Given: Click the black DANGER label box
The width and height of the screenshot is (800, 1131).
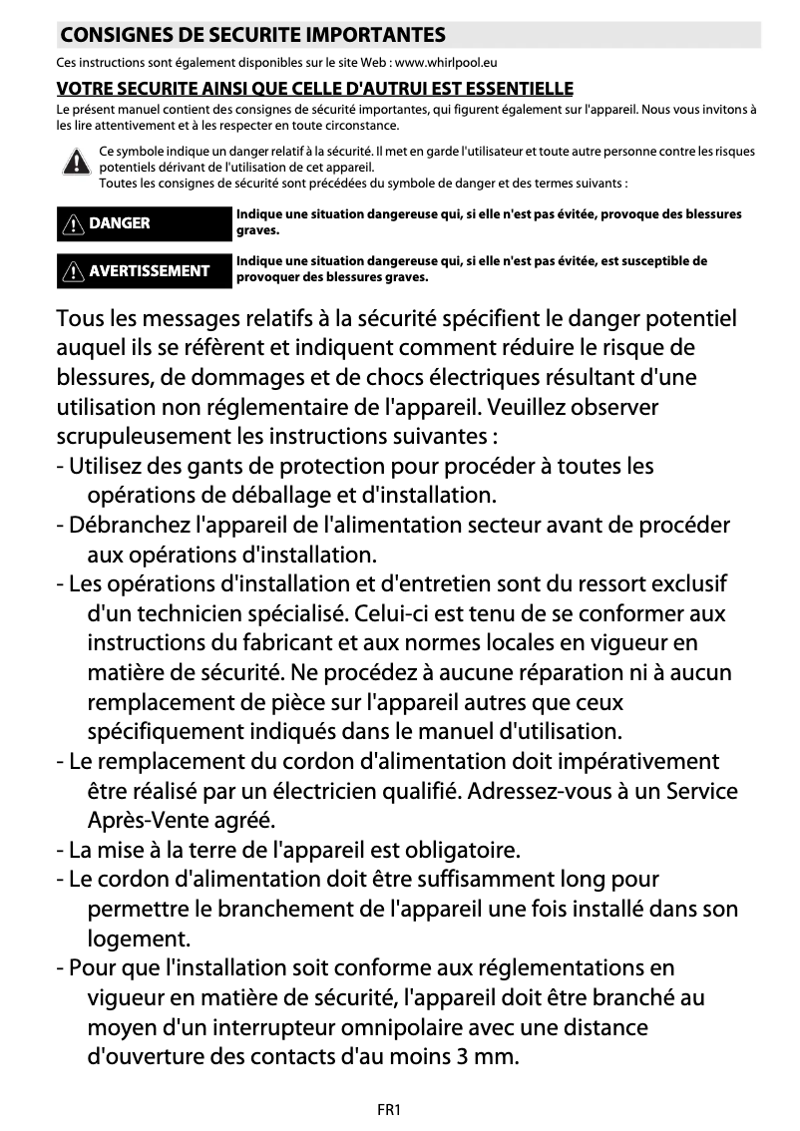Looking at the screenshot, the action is [x=144, y=223].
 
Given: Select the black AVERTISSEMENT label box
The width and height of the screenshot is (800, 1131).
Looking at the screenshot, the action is [x=144, y=271].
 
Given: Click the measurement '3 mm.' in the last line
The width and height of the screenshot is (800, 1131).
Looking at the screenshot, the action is [x=487, y=1056].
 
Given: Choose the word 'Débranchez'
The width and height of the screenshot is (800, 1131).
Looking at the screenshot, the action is [x=131, y=525].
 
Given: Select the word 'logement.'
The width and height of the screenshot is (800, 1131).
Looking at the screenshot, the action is [x=139, y=939].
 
